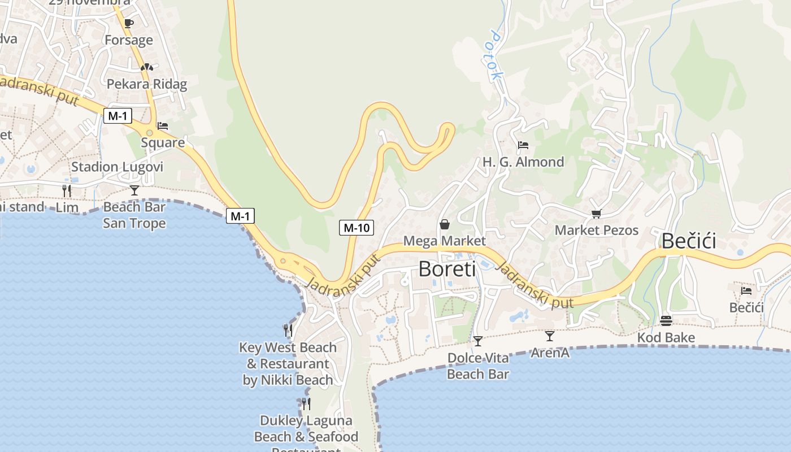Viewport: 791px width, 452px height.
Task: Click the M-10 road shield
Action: (357, 228)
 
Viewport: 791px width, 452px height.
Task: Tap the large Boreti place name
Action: (447, 269)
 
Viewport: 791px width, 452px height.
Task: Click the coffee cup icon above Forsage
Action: (128, 23)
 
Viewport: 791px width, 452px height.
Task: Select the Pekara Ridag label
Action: (147, 84)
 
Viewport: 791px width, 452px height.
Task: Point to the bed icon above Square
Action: (163, 125)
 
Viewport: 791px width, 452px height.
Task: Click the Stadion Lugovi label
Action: (117, 167)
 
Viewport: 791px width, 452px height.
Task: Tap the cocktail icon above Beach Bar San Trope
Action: (134, 190)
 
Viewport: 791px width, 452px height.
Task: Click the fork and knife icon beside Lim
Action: (67, 190)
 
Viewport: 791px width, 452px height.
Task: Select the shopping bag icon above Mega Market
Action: (445, 224)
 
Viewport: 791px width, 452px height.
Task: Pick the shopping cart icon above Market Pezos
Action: (596, 214)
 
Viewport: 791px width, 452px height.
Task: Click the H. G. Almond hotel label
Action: (523, 162)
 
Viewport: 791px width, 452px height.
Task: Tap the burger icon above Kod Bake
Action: (666, 321)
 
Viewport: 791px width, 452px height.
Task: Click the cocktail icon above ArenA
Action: (550, 336)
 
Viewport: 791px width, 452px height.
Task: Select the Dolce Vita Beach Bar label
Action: (478, 366)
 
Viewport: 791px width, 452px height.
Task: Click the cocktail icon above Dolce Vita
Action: (478, 341)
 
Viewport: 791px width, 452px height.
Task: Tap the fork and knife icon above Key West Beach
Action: (288, 329)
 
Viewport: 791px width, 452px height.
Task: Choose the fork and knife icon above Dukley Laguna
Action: (306, 403)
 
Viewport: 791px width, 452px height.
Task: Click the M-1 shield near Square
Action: (118, 116)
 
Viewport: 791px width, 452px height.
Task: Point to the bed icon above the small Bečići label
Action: (746, 291)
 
